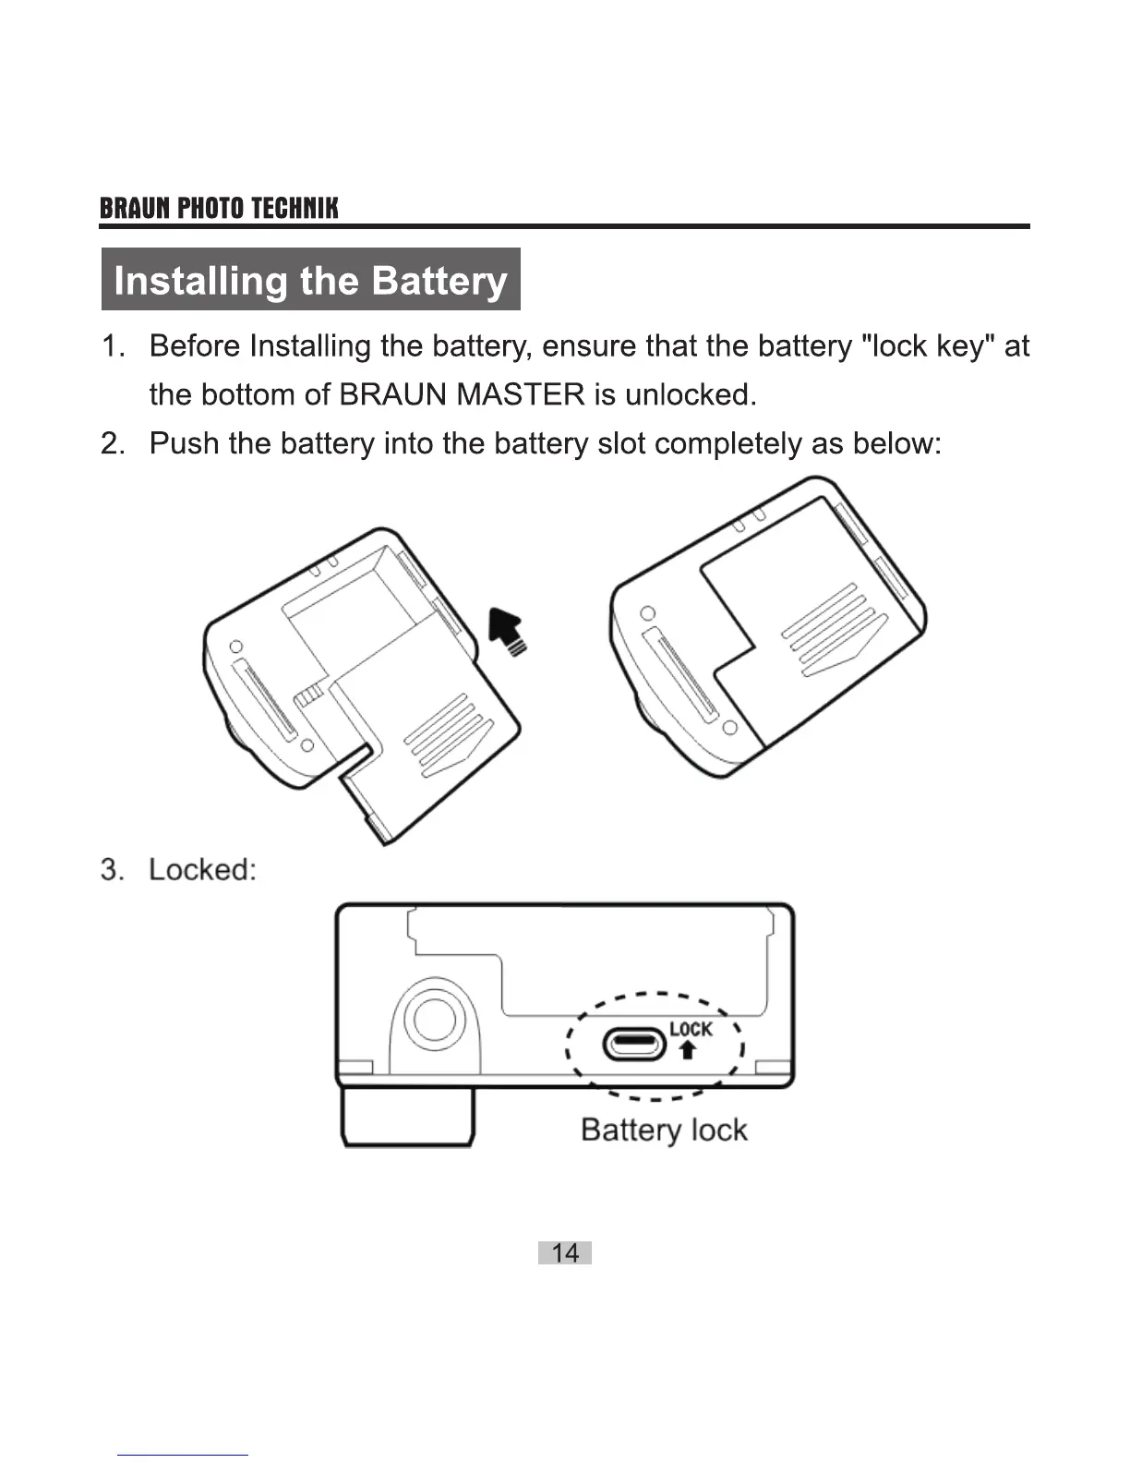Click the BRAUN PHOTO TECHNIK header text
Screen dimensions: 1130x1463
coord(219,208)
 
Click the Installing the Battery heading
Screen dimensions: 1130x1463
coord(310,280)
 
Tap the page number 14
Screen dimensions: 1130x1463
coord(564,1252)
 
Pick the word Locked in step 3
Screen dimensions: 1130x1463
coord(201,870)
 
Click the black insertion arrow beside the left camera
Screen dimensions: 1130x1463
coord(506,631)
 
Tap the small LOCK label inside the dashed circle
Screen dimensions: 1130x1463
coord(691,1029)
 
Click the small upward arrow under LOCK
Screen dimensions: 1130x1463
coord(687,1050)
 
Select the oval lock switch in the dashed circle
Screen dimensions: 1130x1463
coord(634,1045)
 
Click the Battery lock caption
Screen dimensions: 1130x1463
coord(664,1130)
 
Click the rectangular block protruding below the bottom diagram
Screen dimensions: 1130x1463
coord(407,1117)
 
